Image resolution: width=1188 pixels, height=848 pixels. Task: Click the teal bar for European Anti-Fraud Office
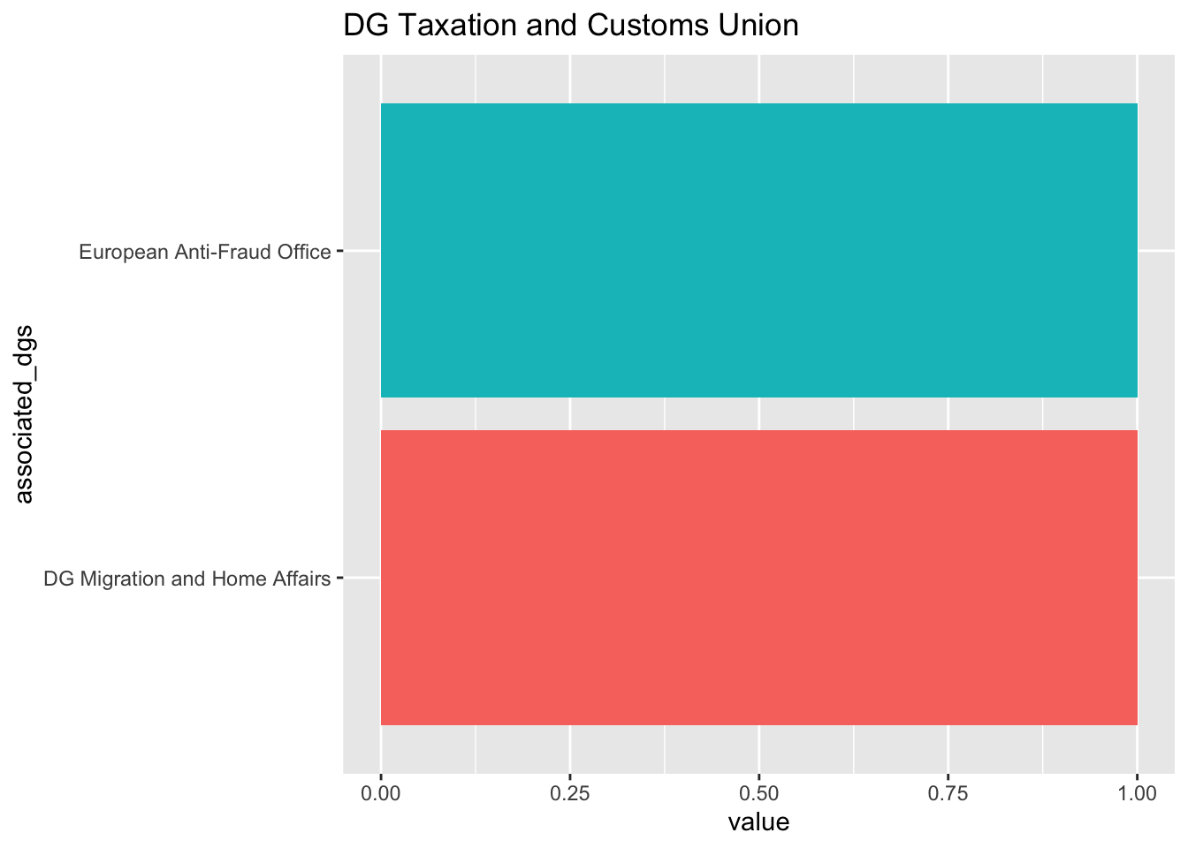coord(758,251)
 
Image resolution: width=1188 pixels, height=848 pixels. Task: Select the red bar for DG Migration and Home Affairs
coord(758,578)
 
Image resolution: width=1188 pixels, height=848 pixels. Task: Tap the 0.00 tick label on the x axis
coord(381,794)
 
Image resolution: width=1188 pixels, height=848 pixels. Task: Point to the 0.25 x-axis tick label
coord(570,794)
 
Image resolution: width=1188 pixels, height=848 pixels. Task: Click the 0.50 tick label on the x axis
coord(759,794)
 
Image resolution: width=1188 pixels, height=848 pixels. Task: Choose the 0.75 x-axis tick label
coord(948,794)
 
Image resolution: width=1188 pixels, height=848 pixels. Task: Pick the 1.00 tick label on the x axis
coord(1137,794)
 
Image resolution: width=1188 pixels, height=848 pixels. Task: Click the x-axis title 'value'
coord(758,823)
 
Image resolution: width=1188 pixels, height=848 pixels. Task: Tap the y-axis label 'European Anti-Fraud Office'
coord(205,253)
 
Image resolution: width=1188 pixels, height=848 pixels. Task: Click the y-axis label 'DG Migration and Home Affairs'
coord(187,579)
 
